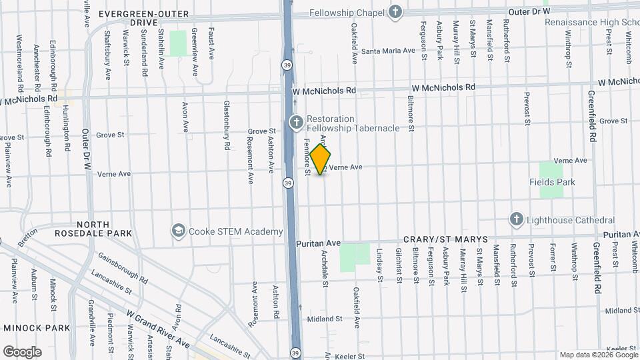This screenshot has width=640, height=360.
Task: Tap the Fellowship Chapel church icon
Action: (395, 12)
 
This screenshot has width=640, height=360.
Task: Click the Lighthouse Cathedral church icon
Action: (516, 219)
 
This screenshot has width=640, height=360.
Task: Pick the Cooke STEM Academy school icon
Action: (178, 231)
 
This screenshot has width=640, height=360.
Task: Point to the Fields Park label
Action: (552, 182)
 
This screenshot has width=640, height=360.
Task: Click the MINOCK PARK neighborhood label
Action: (37, 328)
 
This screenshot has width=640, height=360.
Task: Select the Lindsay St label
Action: (378, 265)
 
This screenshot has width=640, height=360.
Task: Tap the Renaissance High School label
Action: (592, 22)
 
